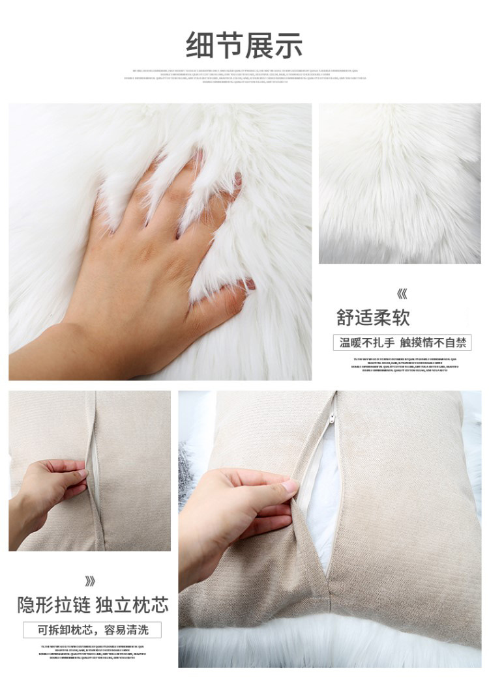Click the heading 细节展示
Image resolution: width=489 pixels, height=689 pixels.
coord(244,46)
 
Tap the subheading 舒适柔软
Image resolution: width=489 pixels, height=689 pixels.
coord(373,318)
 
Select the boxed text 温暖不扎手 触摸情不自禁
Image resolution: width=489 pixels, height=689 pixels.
coord(405,343)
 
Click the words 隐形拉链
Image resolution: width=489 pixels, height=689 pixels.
coord(53,605)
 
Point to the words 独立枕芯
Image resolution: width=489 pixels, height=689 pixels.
coord(132,605)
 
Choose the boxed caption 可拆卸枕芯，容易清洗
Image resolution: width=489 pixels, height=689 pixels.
coord(92,630)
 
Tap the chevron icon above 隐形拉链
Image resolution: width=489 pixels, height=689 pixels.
coord(89,581)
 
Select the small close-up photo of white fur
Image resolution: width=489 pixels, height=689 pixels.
coord(399,183)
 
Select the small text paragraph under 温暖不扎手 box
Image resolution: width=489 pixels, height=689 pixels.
coord(405,365)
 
